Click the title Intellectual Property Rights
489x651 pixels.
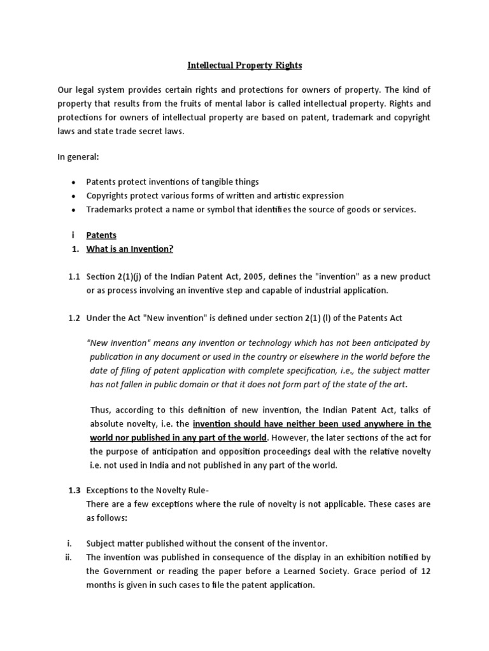click(244, 65)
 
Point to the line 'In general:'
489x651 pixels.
click(78, 157)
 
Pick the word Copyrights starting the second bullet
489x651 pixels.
click(107, 196)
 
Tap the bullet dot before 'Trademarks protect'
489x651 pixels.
click(74, 210)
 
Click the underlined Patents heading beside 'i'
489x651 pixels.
click(101, 235)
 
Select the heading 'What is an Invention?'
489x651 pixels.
click(129, 249)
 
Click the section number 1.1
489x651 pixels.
click(74, 277)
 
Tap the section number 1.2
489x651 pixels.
click(74, 318)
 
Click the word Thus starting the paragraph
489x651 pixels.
click(100, 409)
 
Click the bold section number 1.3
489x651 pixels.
click(74, 490)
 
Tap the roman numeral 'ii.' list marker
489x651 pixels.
click(69, 558)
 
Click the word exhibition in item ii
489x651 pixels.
click(360, 558)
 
